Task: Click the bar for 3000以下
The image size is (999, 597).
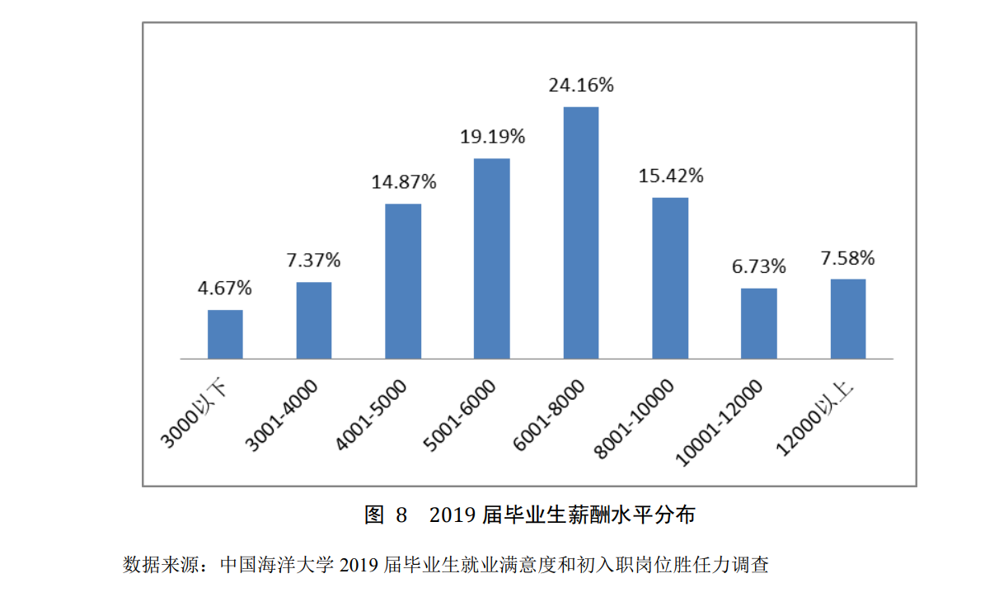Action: click(225, 334)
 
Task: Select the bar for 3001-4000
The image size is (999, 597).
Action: click(314, 320)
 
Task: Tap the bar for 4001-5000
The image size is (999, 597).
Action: click(403, 281)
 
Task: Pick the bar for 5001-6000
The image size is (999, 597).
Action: click(492, 258)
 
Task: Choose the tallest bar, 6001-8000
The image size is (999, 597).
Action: click(581, 233)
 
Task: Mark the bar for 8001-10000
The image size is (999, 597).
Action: click(670, 278)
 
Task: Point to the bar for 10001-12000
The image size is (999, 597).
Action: click(759, 323)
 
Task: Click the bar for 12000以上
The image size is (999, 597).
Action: click(848, 318)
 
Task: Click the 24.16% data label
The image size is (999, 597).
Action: click(581, 85)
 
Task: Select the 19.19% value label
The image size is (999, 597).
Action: click(492, 136)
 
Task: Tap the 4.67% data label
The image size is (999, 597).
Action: click(224, 289)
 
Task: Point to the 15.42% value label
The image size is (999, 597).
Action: click(670, 176)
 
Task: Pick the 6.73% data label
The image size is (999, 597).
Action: click(759, 267)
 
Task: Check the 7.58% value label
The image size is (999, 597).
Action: click(847, 258)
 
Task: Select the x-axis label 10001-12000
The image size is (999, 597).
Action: click(720, 422)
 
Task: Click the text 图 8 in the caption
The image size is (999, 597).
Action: click(386, 515)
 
